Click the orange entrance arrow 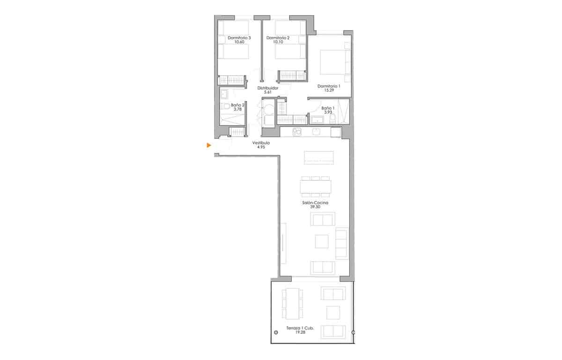pos(209,146)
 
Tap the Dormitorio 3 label pos(239,38)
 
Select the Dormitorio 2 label pos(278,38)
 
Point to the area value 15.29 pos(328,90)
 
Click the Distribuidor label pos(268,88)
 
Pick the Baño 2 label pos(237,105)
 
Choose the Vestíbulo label pos(261,143)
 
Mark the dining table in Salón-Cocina pos(316,187)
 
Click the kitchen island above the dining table pos(319,157)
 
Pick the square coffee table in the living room pos(322,241)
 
